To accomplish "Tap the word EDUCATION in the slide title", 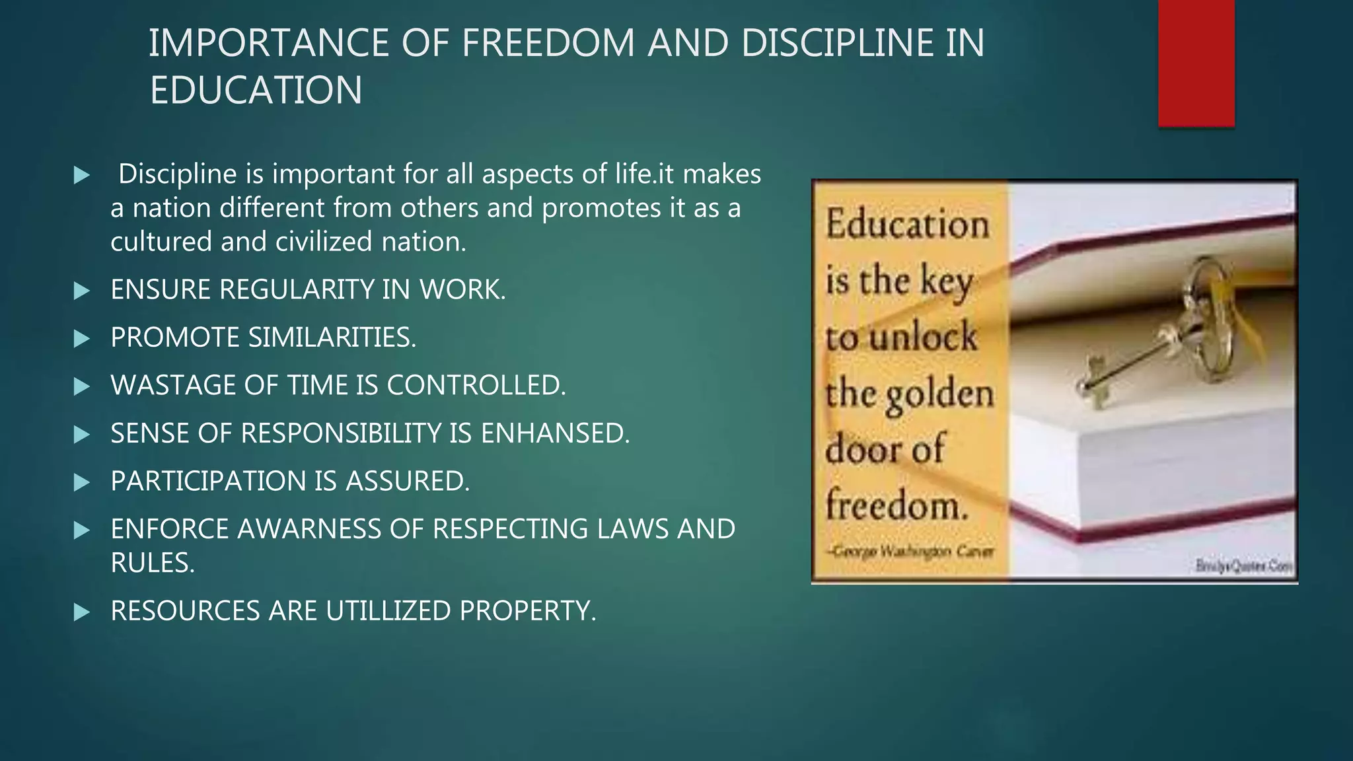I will pos(256,91).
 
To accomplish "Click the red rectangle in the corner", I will pos(1196,63).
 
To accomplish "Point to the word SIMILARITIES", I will pos(332,338).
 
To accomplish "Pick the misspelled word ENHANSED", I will pos(555,433).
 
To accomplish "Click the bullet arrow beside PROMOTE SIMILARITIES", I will pos(82,338).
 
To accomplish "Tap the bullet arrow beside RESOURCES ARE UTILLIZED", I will pos(82,612).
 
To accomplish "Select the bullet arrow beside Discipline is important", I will pos(82,175).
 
